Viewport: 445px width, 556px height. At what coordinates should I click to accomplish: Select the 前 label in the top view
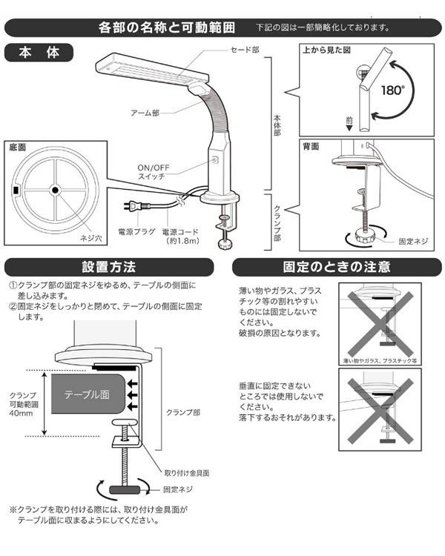click(349, 119)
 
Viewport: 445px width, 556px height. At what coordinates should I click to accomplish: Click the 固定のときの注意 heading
click(336, 266)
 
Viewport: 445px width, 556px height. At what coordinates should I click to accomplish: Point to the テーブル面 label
click(88, 395)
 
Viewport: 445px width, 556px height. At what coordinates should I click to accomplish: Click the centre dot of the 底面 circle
click(54, 191)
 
